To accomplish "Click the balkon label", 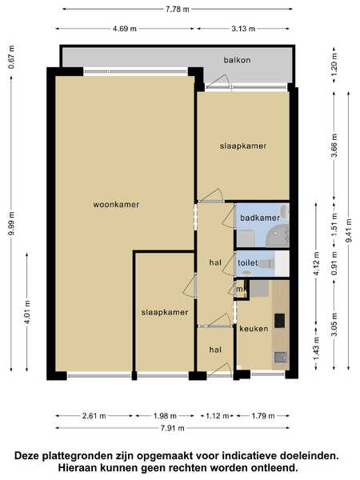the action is point(237,60).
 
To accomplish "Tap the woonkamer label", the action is point(116,205).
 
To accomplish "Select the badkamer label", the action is point(259,218).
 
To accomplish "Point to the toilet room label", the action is point(248,263).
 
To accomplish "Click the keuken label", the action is point(254,329).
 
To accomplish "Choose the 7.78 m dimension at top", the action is point(178,9).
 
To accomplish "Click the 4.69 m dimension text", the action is point(125,29).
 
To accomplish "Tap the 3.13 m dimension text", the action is point(243,29).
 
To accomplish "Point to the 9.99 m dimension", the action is point(11,223).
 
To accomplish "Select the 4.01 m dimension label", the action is point(27,312).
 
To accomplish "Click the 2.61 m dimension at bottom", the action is point(94,416).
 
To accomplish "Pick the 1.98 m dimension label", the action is point(165,416).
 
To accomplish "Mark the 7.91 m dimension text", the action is point(173,428).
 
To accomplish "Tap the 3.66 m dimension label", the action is point(334,146).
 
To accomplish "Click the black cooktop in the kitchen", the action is point(279,321).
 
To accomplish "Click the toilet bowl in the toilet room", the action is point(267,263).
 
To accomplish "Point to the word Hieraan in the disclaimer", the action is point(76,468).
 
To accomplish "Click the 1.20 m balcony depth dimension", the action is point(334,65).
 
